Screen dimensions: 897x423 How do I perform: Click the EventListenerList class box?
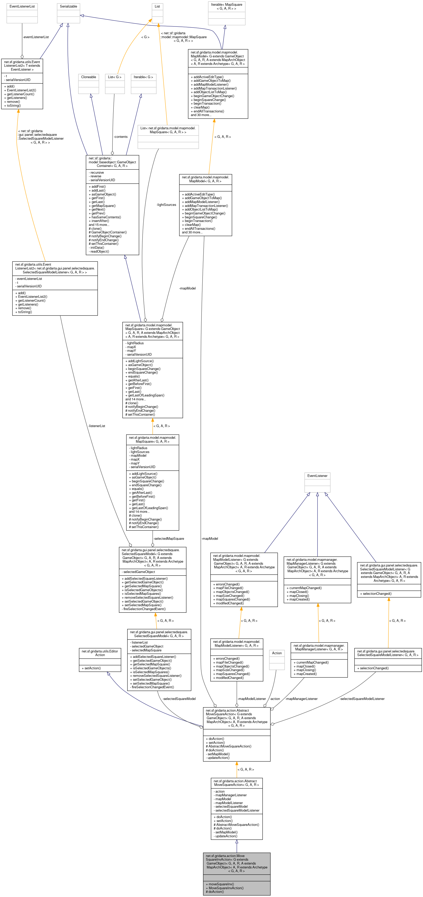pos(22,13)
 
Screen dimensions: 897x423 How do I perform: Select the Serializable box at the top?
pos(68,13)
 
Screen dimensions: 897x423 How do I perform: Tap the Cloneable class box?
pos(89,84)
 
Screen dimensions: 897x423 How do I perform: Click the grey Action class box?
pos(277,660)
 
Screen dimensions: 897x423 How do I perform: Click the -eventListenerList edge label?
pos(36,37)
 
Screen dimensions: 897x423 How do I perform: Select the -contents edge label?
pos(120,137)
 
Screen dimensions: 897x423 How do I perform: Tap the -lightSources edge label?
pos(166,205)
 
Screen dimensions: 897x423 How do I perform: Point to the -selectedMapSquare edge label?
pos(169,538)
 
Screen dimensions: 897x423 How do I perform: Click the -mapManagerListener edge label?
pos(301,699)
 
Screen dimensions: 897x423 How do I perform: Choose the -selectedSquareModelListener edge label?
pos(362,699)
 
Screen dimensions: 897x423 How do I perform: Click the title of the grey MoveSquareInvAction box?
pos(237,863)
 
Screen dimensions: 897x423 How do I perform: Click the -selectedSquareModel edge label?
pos(179,699)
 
